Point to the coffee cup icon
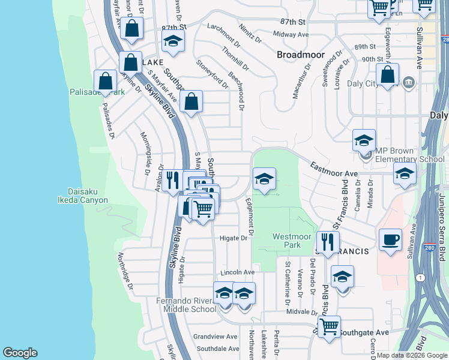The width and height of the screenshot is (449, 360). click(x=390, y=239)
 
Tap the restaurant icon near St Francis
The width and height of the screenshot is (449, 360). click(x=327, y=242)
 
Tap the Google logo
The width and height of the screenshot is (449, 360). click(x=20, y=353)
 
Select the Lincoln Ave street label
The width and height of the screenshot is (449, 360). click(x=234, y=272)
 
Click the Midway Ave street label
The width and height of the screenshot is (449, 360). click(x=291, y=35)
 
